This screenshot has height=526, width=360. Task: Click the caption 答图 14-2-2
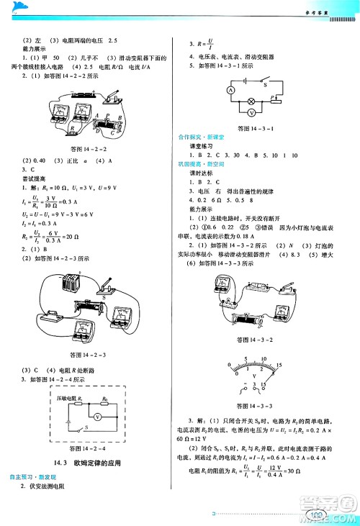89,149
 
